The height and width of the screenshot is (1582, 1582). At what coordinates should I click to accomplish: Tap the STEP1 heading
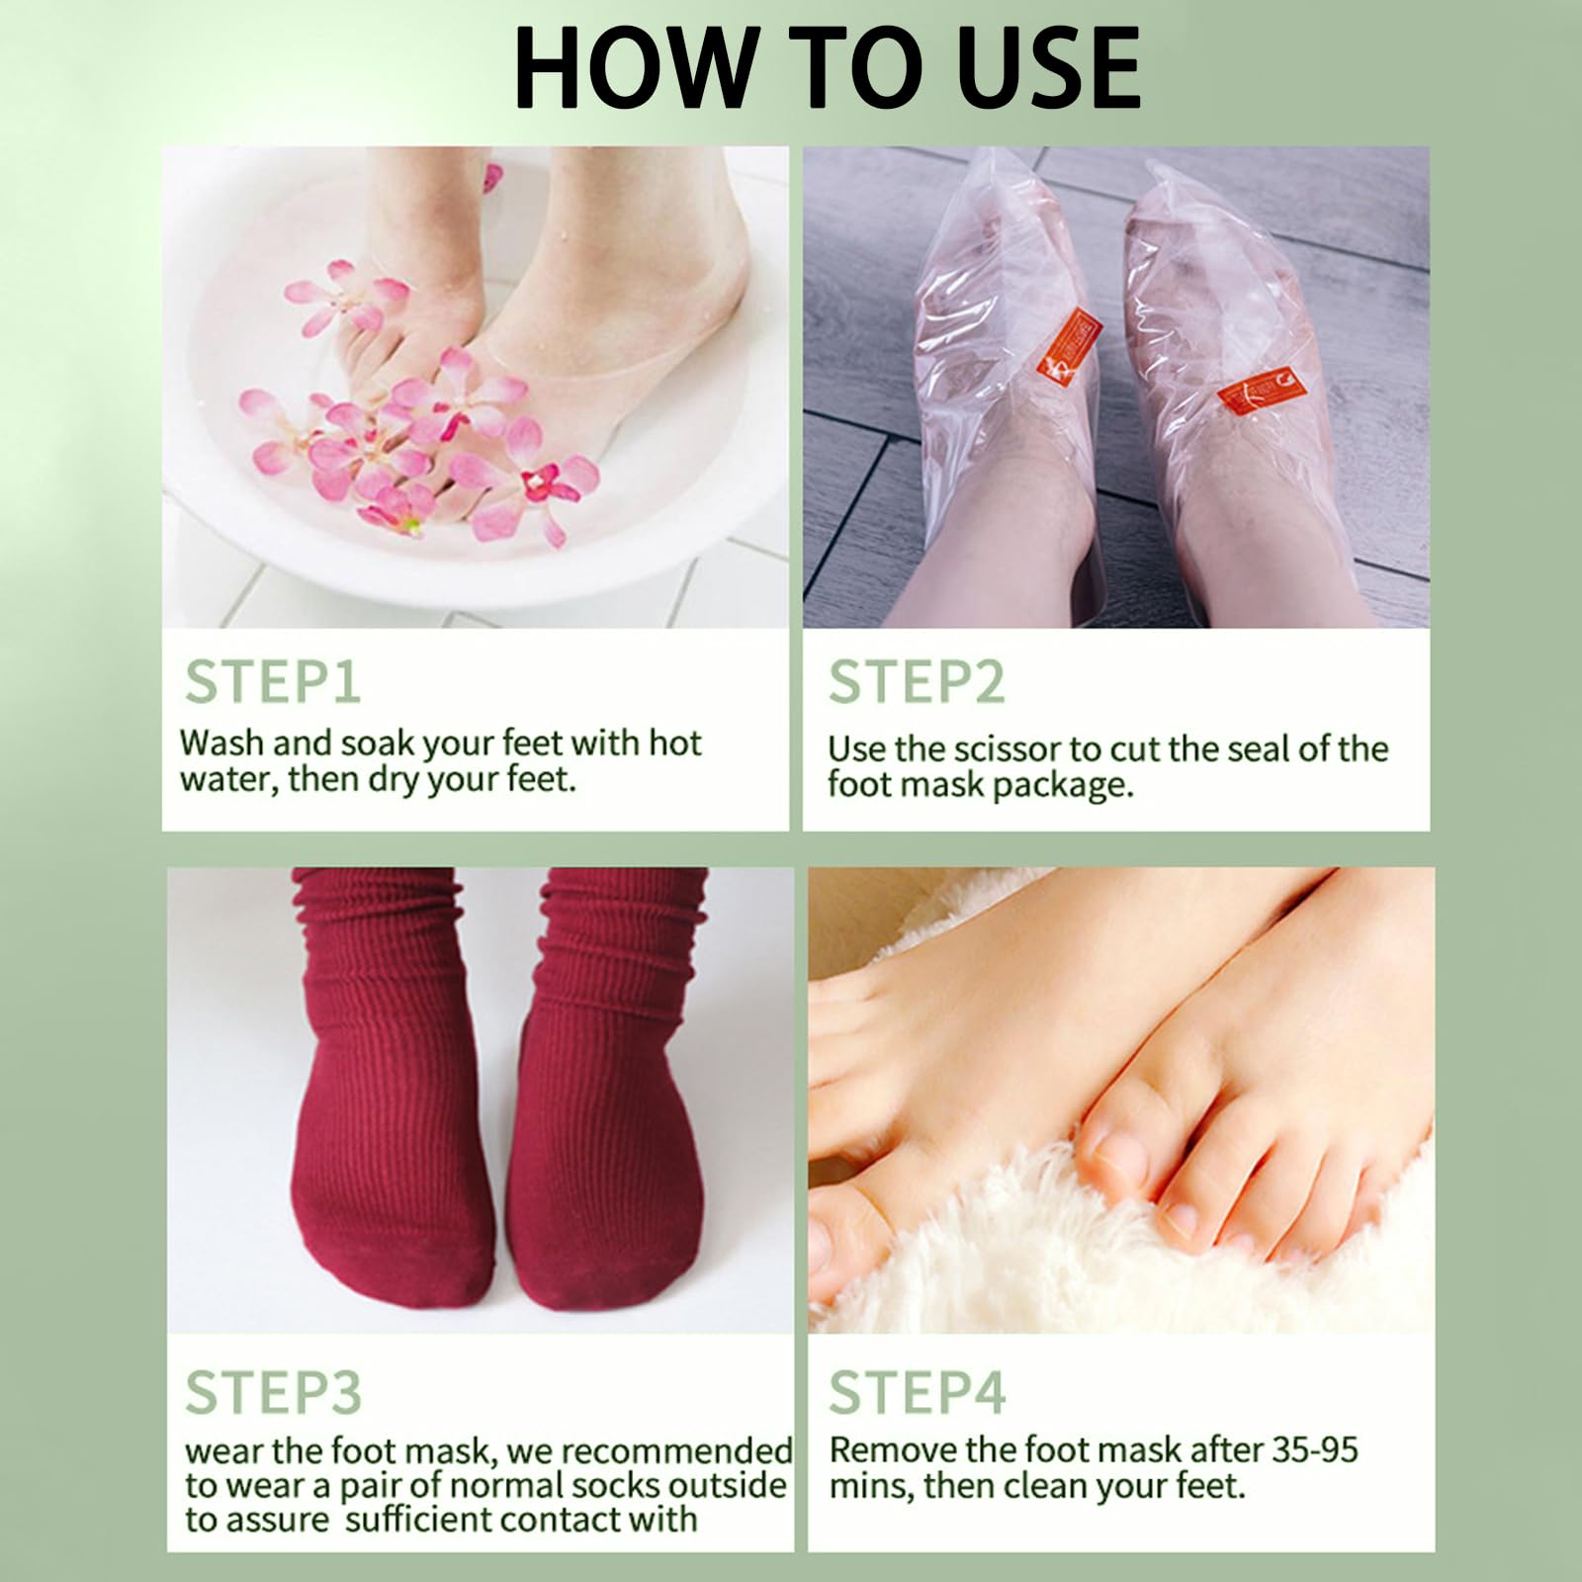[x=273, y=681]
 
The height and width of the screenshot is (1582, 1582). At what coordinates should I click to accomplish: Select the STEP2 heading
[x=917, y=681]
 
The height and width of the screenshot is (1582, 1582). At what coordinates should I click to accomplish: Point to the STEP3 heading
[x=274, y=1391]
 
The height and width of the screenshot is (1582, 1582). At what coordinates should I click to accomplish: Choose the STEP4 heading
[x=918, y=1391]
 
